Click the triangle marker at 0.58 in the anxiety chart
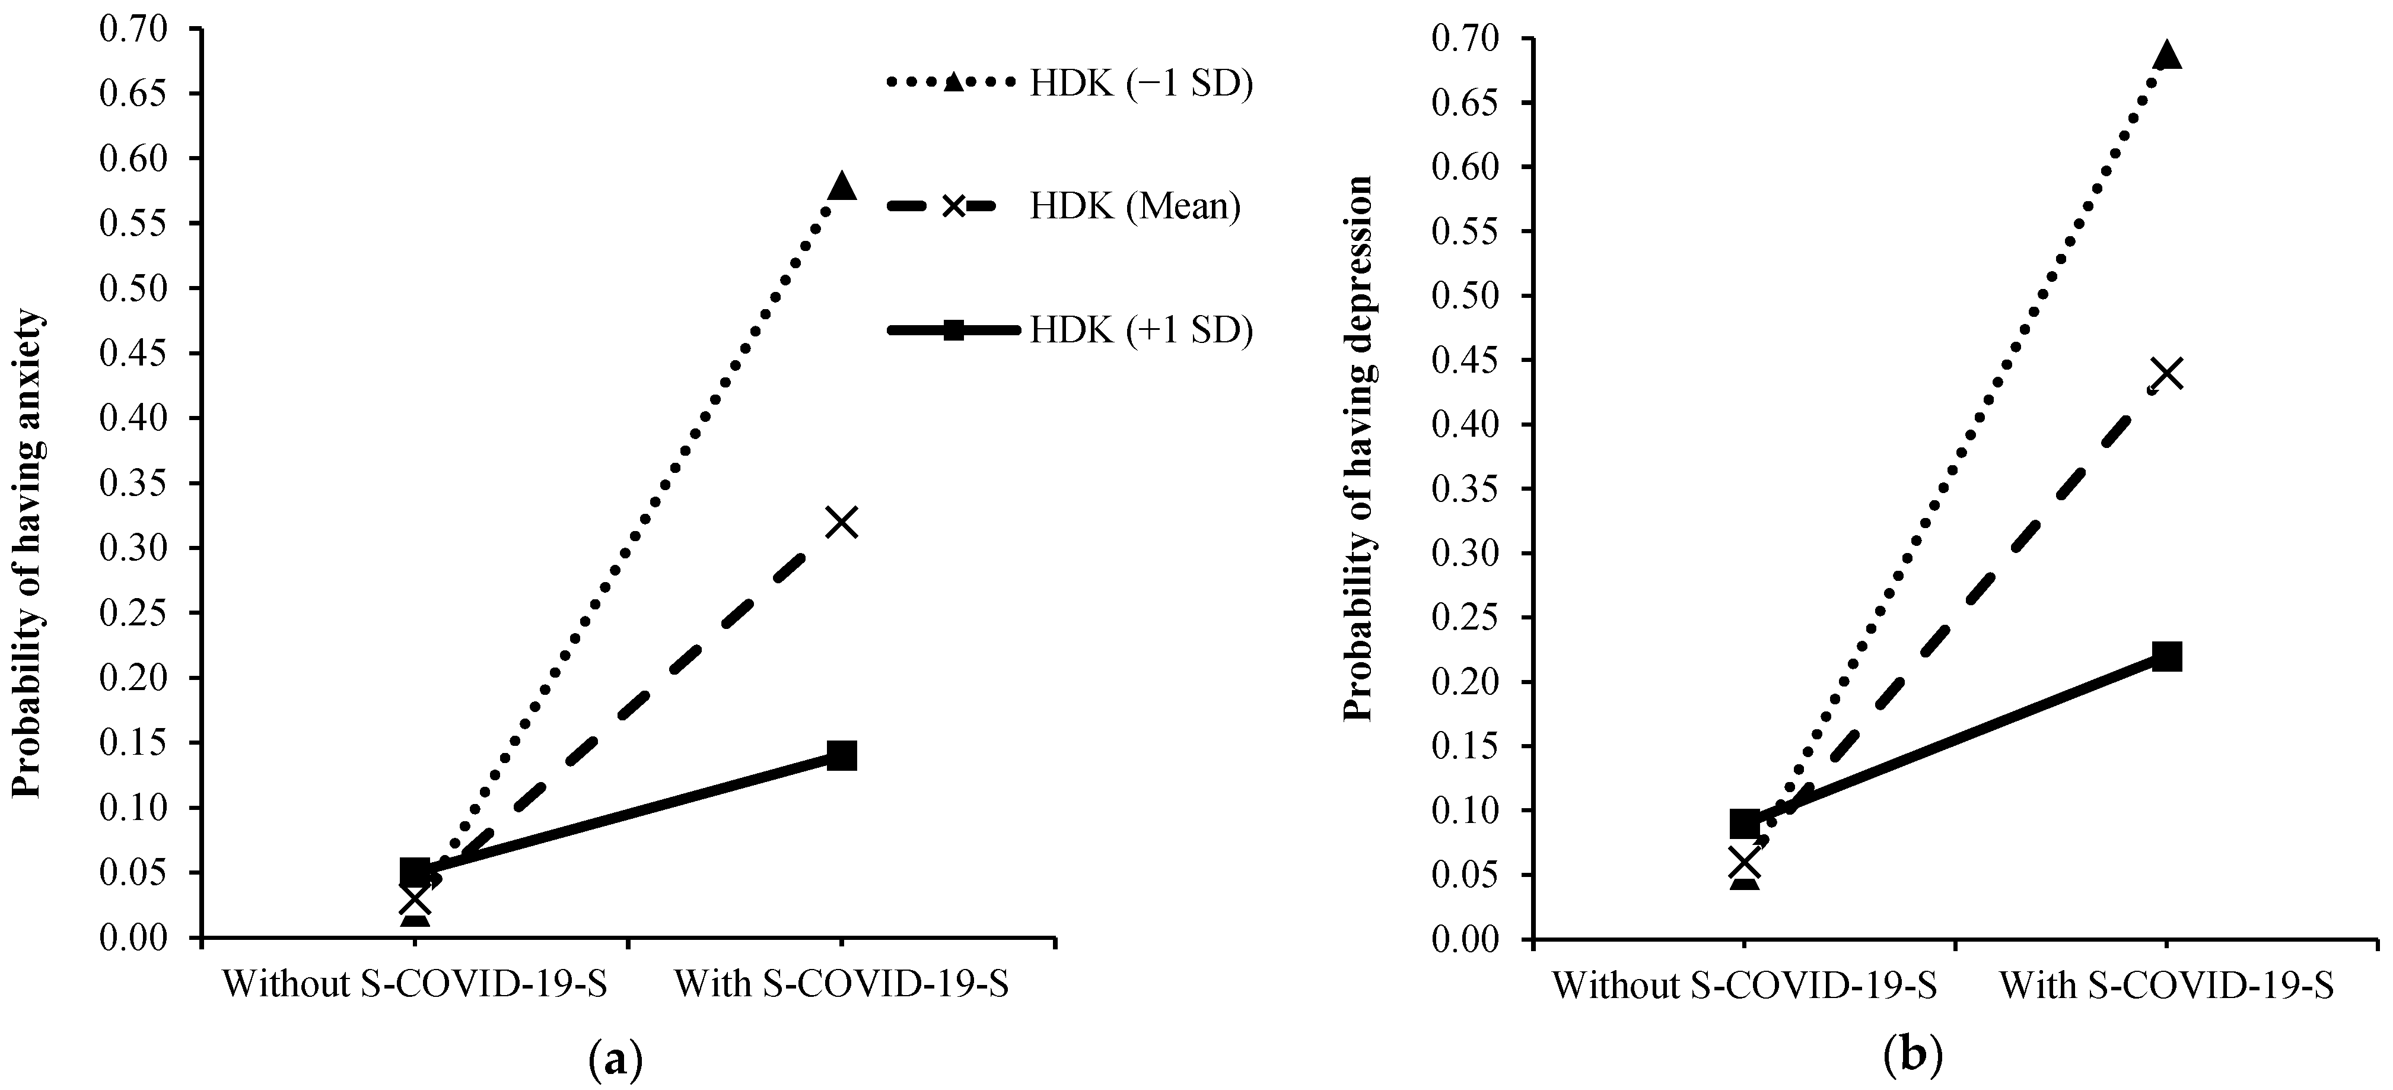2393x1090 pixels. [842, 186]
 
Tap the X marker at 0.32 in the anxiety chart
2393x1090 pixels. [842, 522]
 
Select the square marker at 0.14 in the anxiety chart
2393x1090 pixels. [842, 755]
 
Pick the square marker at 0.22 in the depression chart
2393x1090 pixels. [2167, 657]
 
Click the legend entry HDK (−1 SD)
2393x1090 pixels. [1141, 84]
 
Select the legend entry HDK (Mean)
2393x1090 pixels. [1134, 205]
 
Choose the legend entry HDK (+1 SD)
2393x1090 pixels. [1141, 330]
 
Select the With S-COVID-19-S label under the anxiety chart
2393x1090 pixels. [842, 983]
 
